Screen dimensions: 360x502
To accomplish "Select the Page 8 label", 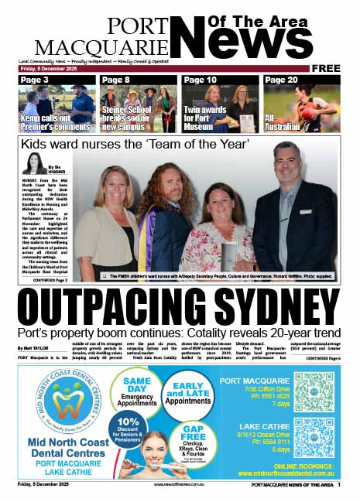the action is coord(115,80).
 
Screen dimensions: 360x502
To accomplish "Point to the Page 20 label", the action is coord(281,80).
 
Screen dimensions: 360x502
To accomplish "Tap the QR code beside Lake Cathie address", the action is coord(314,438).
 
